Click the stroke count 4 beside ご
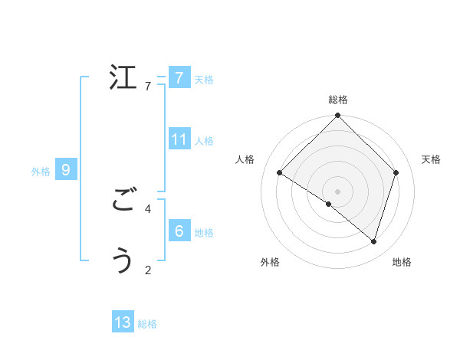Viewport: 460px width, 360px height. [148, 208]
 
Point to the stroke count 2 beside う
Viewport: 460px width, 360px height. [148, 269]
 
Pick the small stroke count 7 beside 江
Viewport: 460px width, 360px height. [148, 87]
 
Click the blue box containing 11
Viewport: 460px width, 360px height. [179, 139]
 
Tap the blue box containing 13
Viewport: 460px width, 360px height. [123, 322]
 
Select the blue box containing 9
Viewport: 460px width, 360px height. [66, 170]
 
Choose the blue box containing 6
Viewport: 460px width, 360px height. [179, 231]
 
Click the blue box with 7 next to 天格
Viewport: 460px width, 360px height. [179, 77]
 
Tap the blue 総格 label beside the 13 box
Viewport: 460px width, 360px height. [147, 324]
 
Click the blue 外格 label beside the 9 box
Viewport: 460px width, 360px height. [41, 172]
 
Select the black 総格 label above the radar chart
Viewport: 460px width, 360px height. [338, 100]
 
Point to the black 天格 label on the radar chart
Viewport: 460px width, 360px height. [431, 159]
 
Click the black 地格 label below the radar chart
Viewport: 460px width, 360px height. [402, 262]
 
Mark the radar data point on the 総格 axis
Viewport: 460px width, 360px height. [338, 116]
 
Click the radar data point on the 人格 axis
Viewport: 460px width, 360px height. [280, 173]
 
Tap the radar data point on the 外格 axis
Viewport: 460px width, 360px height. [329, 204]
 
